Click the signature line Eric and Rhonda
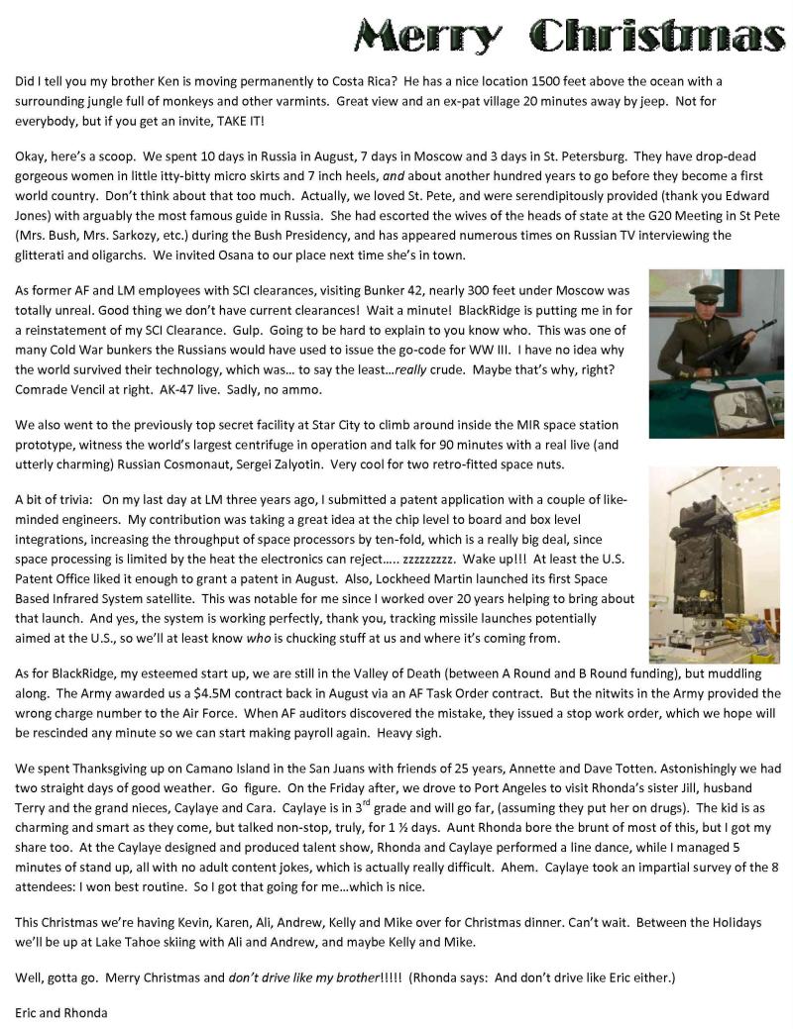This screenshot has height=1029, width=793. [x=61, y=1013]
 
